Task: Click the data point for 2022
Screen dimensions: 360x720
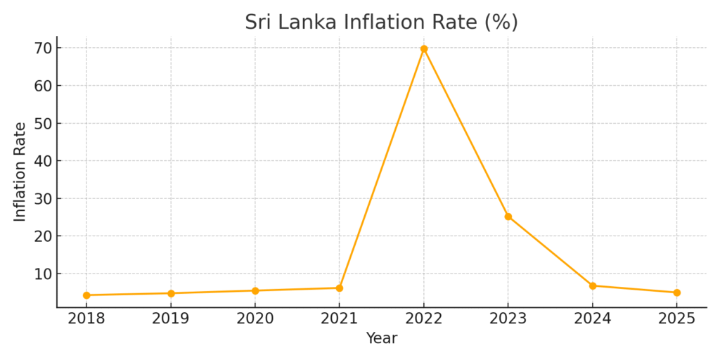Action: (424, 49)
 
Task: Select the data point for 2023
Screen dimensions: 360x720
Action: (508, 217)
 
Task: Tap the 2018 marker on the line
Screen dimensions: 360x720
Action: (86, 295)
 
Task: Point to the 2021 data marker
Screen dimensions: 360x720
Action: (340, 288)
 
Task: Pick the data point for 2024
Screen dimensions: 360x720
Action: (593, 285)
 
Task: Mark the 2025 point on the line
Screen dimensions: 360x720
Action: (676, 292)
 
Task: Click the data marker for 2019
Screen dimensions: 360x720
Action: (171, 293)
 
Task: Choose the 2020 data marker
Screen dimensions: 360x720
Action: (255, 290)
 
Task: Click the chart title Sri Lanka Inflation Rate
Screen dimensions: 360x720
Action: (381, 22)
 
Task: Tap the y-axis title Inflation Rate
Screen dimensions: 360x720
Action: (20, 172)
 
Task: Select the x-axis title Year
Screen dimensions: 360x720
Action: (381, 338)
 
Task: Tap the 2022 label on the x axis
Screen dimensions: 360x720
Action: (424, 319)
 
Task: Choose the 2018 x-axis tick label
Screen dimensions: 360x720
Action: (86, 319)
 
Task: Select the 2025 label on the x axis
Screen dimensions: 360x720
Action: (676, 319)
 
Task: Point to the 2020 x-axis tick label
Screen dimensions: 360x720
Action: (255, 319)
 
